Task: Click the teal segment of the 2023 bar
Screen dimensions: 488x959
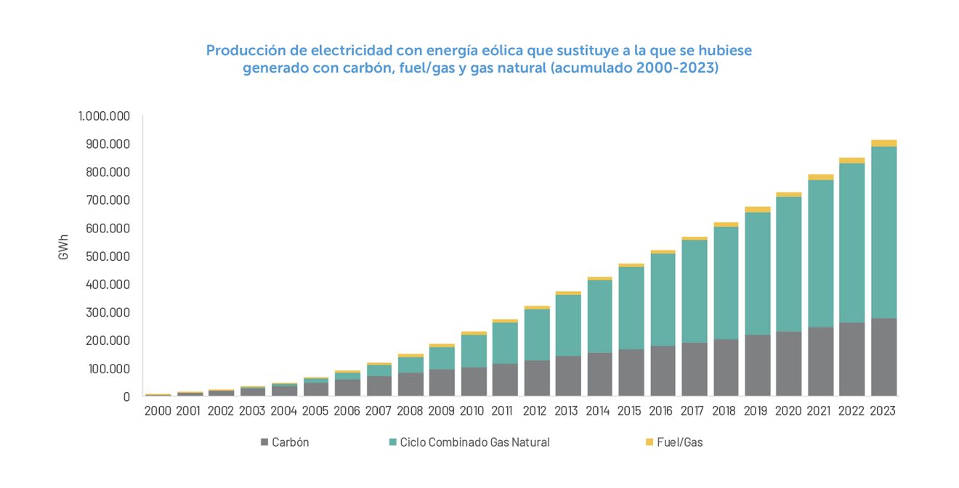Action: coord(884,232)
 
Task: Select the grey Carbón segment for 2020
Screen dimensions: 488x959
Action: coord(789,364)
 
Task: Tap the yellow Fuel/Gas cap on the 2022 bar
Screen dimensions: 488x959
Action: coord(852,160)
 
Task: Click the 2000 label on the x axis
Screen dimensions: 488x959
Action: coord(158,411)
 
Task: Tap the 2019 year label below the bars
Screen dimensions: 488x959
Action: coord(757,411)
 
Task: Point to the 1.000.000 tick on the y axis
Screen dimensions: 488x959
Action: coord(104,116)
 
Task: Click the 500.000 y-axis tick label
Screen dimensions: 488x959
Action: coord(108,256)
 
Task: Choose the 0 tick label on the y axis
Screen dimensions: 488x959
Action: coord(126,397)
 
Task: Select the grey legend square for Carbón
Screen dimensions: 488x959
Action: coord(264,442)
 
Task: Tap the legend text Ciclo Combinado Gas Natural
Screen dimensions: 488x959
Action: coord(474,442)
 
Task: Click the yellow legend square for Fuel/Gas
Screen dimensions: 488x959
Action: coord(649,442)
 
